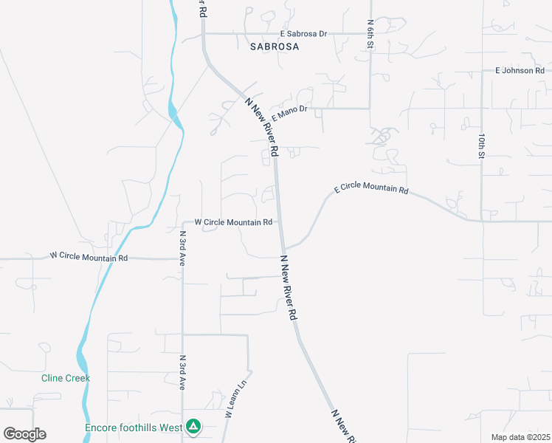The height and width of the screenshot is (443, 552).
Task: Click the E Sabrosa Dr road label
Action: [303, 34]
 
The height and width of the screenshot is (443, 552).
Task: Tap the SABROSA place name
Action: [273, 47]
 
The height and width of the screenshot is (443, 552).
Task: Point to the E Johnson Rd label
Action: [519, 71]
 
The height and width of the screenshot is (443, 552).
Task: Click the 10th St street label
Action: [480, 146]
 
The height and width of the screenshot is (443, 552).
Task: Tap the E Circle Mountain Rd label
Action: [371, 190]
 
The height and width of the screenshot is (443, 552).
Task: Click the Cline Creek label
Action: [65, 378]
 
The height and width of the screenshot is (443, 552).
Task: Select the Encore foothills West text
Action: [134, 427]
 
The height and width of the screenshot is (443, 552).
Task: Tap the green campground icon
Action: [193, 426]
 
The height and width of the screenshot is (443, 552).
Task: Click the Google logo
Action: [24, 434]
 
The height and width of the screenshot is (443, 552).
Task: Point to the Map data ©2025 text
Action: [521, 437]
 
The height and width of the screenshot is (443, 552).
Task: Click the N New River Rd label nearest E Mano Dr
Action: [262, 127]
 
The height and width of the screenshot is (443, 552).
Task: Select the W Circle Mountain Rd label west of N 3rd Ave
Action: [89, 258]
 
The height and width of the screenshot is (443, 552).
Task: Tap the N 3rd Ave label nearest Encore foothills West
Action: [182, 372]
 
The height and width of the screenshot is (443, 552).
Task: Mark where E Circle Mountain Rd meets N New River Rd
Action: [283, 248]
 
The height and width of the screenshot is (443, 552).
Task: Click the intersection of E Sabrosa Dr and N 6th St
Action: [370, 33]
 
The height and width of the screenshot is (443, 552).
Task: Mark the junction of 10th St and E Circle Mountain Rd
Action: [482, 220]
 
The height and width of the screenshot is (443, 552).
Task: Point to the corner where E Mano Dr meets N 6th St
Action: [370, 109]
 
